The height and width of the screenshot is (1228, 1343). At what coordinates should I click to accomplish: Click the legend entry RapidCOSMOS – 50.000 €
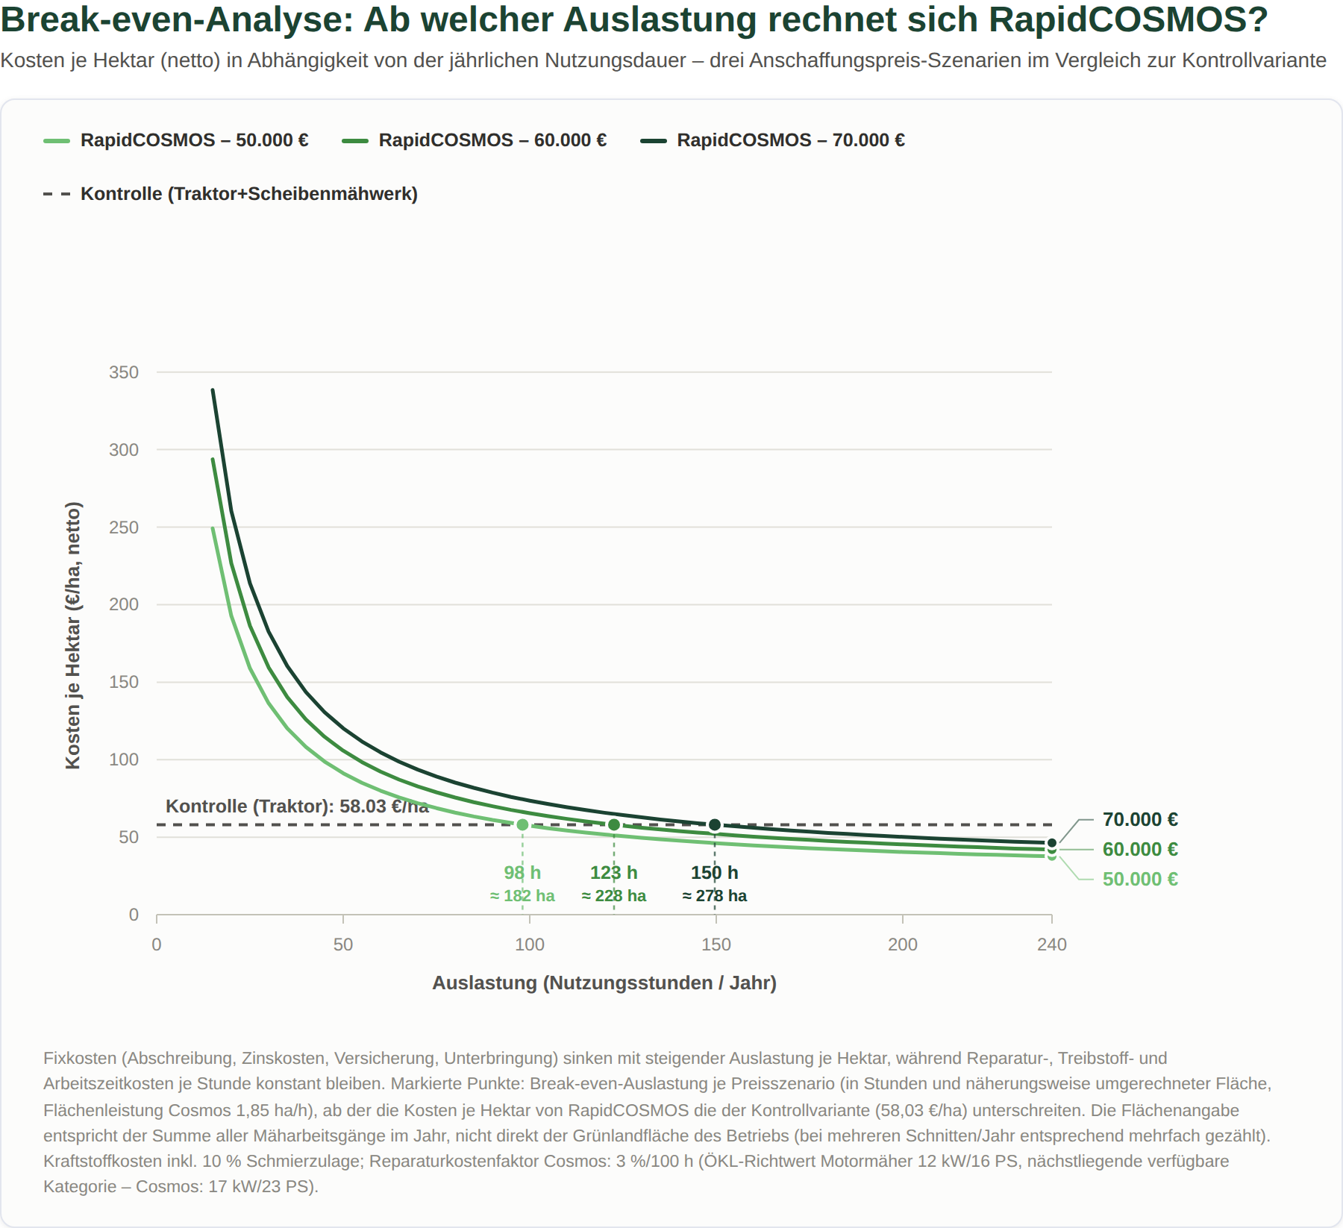(176, 140)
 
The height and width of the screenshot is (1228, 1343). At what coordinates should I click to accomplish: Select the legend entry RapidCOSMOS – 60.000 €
(475, 140)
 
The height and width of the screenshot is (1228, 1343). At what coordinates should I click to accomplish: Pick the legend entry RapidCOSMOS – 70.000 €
(773, 140)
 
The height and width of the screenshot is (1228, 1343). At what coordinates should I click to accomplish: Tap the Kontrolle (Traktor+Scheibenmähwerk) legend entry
(231, 194)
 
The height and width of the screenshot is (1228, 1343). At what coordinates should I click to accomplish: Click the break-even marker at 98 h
(522, 825)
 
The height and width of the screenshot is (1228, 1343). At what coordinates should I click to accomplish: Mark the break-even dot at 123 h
(614, 825)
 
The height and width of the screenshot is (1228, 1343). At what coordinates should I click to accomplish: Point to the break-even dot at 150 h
(715, 825)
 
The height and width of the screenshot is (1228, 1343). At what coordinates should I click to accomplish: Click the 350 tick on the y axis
(124, 372)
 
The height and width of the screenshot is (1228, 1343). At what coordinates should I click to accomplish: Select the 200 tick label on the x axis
(903, 945)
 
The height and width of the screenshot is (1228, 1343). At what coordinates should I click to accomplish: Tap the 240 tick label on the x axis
(1052, 945)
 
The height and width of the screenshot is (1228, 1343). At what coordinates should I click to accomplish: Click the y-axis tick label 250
(124, 527)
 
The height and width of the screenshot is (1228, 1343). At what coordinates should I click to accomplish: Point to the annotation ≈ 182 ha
(522, 896)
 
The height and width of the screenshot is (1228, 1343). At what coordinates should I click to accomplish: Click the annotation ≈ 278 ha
(715, 896)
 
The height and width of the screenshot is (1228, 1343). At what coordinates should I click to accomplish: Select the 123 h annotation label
(614, 873)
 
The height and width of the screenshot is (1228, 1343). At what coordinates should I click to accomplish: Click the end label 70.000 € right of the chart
(1140, 820)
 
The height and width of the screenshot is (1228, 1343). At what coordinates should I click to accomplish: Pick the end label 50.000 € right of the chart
(1140, 880)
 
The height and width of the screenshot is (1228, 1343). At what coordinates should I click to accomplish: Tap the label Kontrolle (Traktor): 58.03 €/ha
(297, 806)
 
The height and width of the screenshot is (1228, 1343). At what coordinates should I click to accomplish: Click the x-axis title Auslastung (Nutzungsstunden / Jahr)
(604, 983)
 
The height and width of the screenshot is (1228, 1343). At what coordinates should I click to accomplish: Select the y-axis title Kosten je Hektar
(72, 636)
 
